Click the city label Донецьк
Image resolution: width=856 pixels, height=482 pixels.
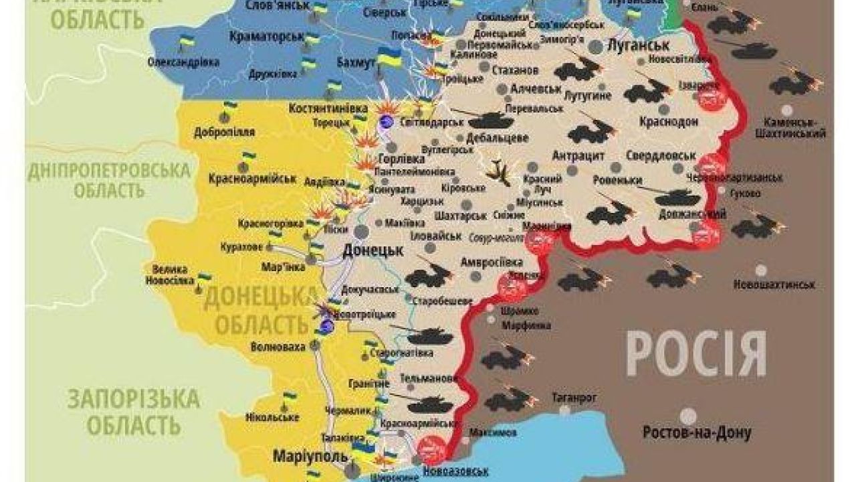tap(372, 250)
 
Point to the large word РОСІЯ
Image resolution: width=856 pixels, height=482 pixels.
tap(695, 355)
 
